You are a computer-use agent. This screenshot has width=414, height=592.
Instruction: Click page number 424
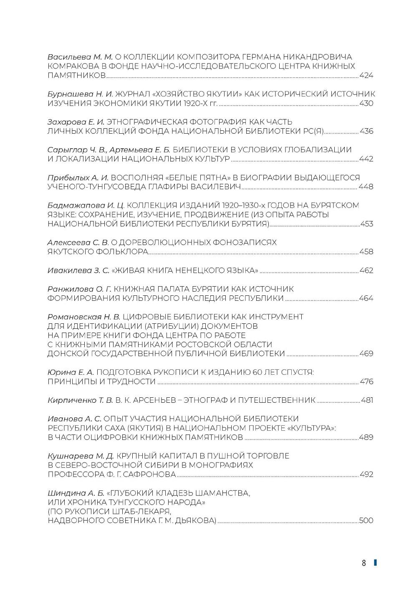(366, 76)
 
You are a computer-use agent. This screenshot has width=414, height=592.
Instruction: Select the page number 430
(366, 104)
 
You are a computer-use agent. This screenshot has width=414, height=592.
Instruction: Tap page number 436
(366, 131)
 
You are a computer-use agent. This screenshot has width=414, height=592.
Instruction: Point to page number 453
(366, 224)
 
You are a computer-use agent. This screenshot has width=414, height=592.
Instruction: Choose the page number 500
(366, 521)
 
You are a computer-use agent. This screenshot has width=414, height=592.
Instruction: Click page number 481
(367, 400)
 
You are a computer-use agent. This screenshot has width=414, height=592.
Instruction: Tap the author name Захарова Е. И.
(76, 122)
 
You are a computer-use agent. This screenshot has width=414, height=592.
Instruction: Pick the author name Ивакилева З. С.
(78, 270)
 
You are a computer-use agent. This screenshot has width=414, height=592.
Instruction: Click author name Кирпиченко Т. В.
(80, 400)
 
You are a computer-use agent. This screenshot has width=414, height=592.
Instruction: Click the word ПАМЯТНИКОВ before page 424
(77, 76)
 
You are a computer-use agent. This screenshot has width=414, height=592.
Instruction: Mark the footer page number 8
(364, 563)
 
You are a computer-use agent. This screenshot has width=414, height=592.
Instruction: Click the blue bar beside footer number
(375, 562)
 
